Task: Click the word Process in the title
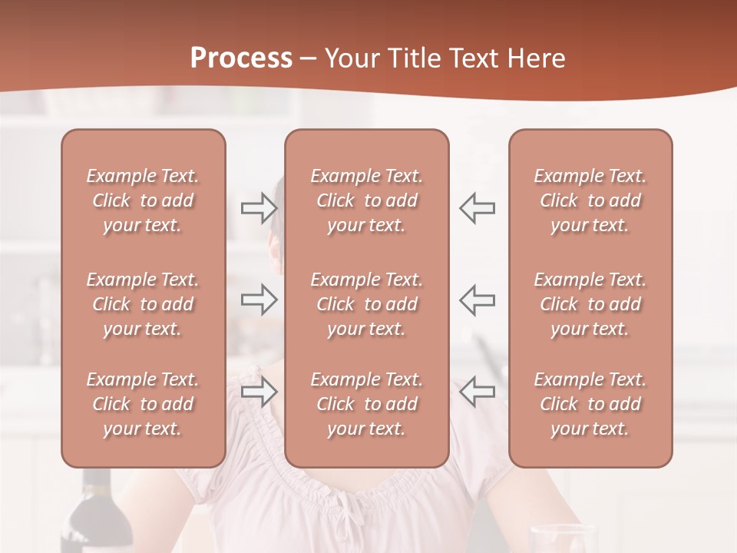click(241, 58)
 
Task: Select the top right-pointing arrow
click(259, 208)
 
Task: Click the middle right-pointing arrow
click(259, 300)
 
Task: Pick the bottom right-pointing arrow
click(259, 392)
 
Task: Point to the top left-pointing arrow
click(478, 208)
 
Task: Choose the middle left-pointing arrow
click(478, 300)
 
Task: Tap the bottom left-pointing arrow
click(478, 392)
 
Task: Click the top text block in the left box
click(143, 200)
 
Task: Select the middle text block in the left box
click(143, 304)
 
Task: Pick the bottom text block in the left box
click(143, 404)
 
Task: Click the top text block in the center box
click(366, 200)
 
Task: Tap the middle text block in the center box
click(366, 304)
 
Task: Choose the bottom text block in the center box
click(366, 404)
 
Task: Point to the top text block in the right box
click(590, 200)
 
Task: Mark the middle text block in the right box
click(590, 304)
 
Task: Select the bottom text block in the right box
click(590, 404)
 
